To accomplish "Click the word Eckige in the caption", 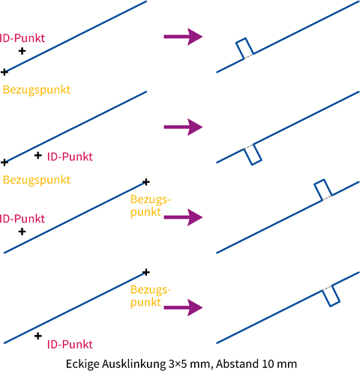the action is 82,364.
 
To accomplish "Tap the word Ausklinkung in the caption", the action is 133,364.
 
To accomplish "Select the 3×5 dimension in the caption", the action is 178,364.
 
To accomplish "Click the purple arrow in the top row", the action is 183,37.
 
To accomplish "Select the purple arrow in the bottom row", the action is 183,307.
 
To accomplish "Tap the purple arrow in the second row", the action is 183,127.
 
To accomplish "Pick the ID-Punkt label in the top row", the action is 22,38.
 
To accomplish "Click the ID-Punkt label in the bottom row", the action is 70,345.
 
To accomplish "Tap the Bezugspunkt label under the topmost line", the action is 37,90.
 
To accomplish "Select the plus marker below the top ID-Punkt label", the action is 22,51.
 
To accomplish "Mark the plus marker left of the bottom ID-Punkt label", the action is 38,336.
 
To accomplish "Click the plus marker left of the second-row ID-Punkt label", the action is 38,155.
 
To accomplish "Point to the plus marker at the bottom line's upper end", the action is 146,272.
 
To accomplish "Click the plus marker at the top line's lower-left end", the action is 4,72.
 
